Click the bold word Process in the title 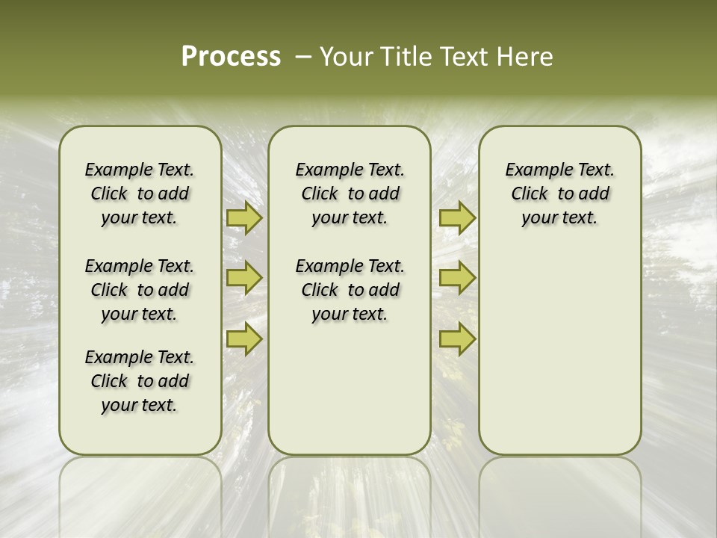[231, 57]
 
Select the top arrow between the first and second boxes [243, 218]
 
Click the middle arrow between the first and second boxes [243, 278]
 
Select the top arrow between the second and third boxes [457, 218]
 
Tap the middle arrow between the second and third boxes [457, 278]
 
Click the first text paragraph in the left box [140, 194]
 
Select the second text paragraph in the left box [140, 290]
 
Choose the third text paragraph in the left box [140, 381]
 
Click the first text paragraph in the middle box [350, 194]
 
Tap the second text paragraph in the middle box [350, 290]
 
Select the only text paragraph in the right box [560, 194]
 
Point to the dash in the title [302, 57]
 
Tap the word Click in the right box [530, 194]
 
